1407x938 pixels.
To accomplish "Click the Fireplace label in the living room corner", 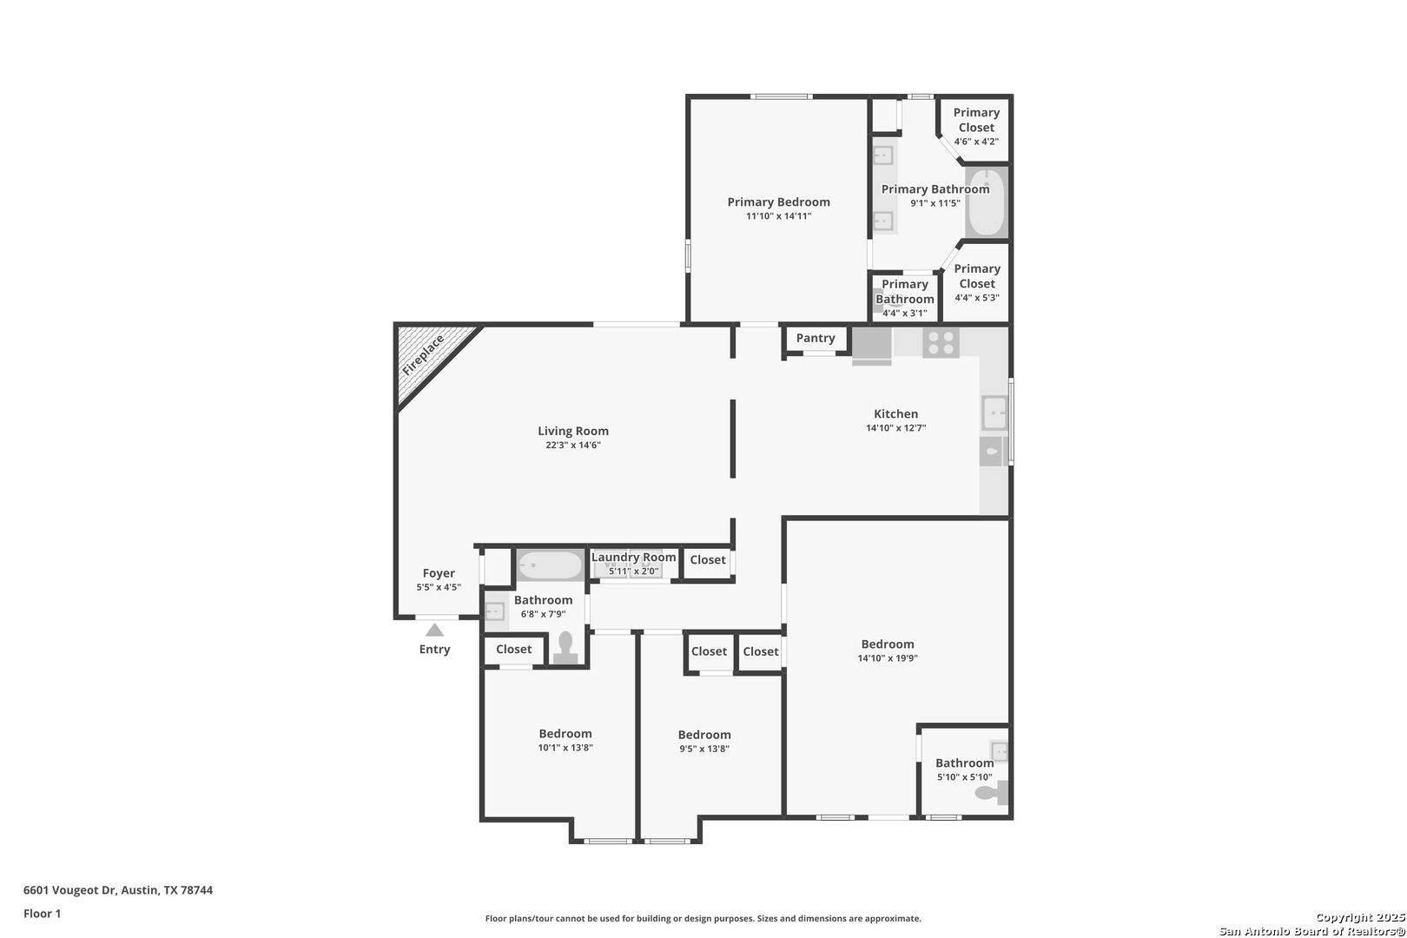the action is (423, 355).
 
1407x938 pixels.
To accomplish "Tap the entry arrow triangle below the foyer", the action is (434, 631).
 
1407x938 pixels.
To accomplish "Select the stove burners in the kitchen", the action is (941, 343).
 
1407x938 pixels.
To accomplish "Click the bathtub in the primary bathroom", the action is (986, 201).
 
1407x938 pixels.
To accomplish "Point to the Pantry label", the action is (816, 338).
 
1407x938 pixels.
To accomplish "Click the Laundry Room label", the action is (633, 558).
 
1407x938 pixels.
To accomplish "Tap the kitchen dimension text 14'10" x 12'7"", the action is (895, 428).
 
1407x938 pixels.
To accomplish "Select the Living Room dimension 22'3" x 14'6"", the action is (573, 445).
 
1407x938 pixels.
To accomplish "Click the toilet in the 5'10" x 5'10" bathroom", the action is (992, 792).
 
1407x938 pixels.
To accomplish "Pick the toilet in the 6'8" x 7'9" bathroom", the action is (565, 648).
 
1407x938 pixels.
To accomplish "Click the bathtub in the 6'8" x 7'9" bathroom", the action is (551, 565).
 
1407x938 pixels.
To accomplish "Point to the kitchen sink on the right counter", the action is (994, 413).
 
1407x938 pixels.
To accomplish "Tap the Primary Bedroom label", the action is (778, 201).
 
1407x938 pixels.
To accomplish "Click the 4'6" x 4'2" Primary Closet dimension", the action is (976, 142).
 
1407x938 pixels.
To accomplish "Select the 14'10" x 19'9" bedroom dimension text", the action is (888, 657).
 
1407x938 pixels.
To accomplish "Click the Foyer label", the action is (439, 573).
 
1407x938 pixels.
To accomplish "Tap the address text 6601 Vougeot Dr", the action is (69, 890).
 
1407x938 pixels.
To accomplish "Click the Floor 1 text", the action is (42, 914).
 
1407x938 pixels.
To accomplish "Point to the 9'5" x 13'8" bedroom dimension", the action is (704, 749).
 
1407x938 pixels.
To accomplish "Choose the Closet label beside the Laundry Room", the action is (707, 560).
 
